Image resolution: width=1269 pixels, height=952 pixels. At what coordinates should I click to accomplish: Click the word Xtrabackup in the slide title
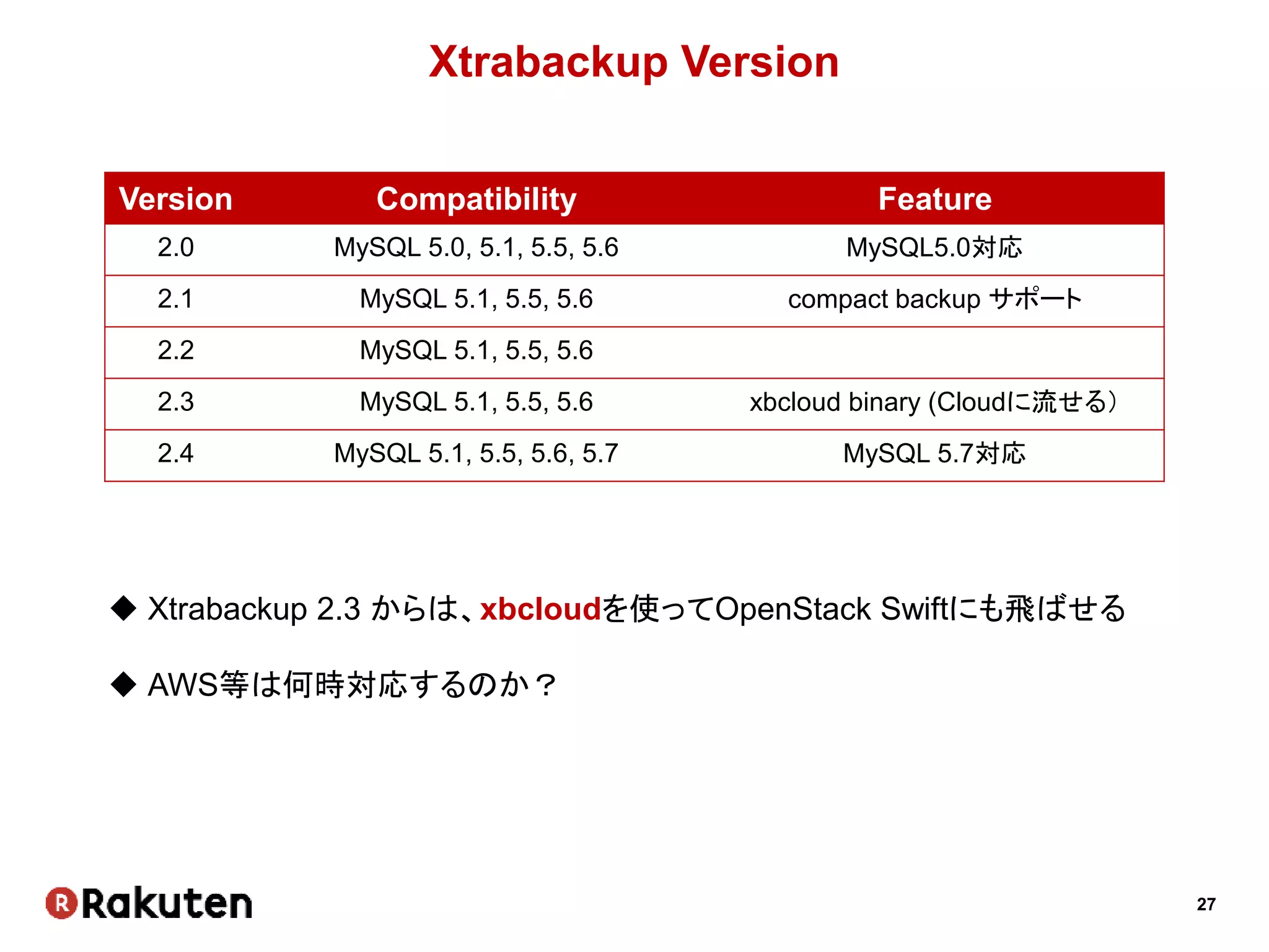point(548,63)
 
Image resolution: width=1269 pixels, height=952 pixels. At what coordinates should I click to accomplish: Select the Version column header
point(175,199)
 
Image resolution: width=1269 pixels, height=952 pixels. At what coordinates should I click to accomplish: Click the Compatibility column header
point(476,199)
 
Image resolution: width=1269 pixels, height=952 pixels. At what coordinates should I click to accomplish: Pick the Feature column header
point(934,199)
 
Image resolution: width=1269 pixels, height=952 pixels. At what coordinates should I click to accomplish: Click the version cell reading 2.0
point(175,248)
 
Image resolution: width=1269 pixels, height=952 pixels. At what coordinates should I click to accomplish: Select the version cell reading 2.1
point(175,299)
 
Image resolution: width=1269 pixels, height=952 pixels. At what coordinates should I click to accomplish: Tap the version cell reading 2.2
point(175,351)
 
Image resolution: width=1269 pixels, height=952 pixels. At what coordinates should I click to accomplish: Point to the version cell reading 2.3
point(175,402)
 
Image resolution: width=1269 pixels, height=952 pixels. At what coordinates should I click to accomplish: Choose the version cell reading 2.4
point(175,454)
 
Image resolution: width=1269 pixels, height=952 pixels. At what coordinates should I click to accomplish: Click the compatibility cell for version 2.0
point(476,248)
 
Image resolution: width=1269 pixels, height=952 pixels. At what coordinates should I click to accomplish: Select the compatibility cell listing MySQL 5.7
point(476,454)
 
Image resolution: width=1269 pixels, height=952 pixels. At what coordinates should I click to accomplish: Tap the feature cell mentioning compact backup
point(934,299)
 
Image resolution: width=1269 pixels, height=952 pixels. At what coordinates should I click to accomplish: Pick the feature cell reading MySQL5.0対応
point(934,248)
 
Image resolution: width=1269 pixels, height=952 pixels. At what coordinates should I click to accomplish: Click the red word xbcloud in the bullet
point(540,609)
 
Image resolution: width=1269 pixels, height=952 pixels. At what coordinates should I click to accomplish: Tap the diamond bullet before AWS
point(123,685)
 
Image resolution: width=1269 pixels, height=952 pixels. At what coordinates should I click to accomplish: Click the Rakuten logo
point(149,903)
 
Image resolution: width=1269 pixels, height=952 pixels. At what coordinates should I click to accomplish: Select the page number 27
point(1206,904)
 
